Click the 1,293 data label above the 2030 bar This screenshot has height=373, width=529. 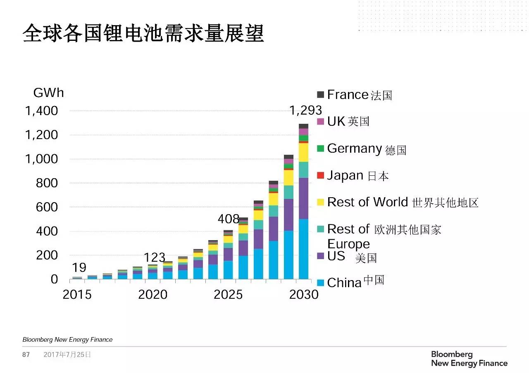click(x=305, y=110)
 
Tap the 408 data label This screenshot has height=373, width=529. click(x=229, y=219)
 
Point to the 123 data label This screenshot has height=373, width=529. click(x=155, y=257)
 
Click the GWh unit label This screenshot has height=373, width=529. click(x=48, y=93)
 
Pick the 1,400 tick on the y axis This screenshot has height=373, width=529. click(x=41, y=111)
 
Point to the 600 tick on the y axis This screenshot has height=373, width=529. click(x=47, y=207)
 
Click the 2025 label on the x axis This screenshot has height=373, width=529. click(x=228, y=295)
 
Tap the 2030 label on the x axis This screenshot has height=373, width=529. click(x=304, y=295)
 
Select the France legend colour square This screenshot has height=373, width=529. click(x=321, y=94)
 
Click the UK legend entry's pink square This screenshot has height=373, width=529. click(x=321, y=121)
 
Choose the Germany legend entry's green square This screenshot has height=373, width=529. click(x=321, y=148)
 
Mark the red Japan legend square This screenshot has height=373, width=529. click(x=321, y=175)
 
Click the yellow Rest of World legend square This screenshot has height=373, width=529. click(x=321, y=202)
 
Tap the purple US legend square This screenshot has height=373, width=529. click(x=321, y=256)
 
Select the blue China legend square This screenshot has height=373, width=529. click(x=321, y=283)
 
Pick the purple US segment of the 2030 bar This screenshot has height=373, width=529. click(x=303, y=198)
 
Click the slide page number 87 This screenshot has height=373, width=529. click(x=26, y=355)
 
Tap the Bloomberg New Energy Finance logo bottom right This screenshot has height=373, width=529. click(x=469, y=359)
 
